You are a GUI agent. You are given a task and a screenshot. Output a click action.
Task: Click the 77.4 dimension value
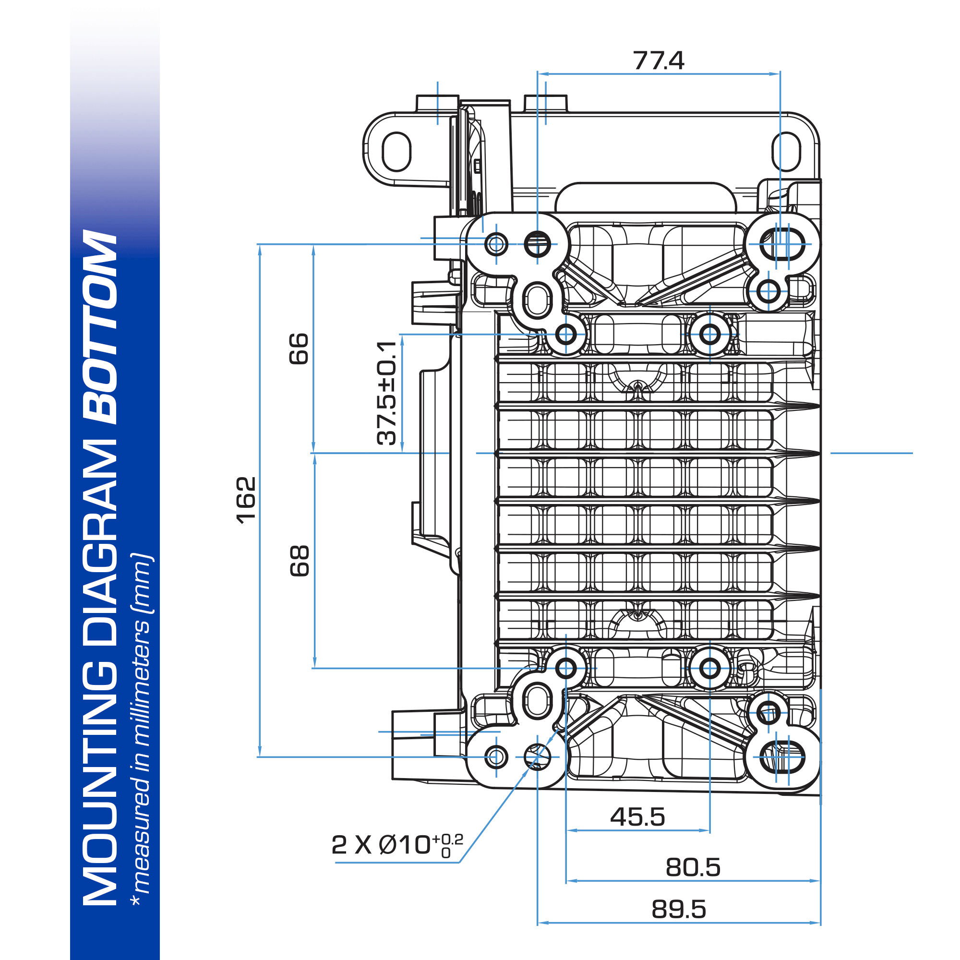point(659,60)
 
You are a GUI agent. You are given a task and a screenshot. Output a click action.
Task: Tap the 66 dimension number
point(299,349)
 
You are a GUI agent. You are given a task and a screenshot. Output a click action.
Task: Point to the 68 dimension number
point(300,561)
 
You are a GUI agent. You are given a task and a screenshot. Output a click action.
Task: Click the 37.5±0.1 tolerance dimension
point(386,393)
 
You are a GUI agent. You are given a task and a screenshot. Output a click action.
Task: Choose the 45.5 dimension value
point(637,817)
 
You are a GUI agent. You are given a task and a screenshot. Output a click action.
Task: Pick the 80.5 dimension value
point(693,867)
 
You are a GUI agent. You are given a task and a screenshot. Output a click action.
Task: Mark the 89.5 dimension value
point(679,910)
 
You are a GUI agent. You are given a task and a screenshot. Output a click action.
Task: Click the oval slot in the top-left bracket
point(396,152)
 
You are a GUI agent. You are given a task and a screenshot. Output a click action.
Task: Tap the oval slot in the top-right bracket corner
point(786,152)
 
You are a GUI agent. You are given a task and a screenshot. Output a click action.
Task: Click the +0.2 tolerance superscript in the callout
point(447,839)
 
